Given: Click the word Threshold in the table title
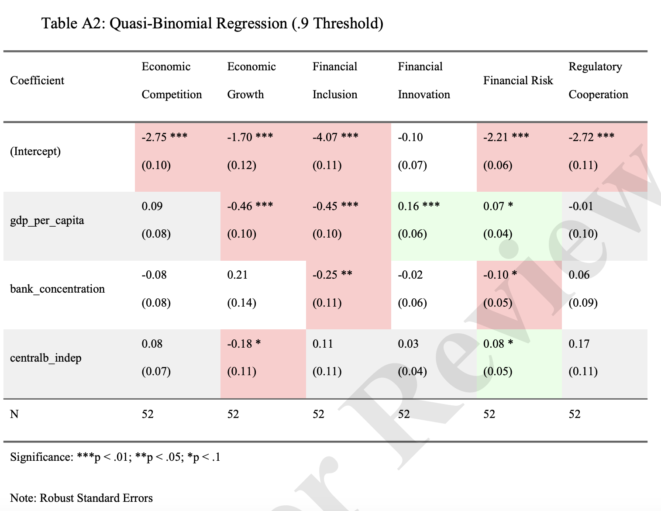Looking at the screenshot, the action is click(x=348, y=24).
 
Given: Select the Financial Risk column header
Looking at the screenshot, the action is click(x=518, y=81).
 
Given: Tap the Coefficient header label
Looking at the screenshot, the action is click(x=37, y=81).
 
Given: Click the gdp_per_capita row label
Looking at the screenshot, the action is click(x=47, y=220).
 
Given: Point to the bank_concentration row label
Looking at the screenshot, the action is click(x=57, y=289).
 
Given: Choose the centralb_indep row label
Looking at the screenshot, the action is click(x=46, y=358).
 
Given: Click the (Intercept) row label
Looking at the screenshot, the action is click(x=35, y=151).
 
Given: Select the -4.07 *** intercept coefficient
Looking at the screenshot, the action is click(x=335, y=137).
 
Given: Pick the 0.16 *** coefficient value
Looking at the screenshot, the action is click(x=419, y=206).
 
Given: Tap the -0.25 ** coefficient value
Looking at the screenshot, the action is click(x=332, y=275).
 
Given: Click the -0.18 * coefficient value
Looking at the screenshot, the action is click(x=244, y=344).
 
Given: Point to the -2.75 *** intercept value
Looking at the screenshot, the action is click(x=164, y=137).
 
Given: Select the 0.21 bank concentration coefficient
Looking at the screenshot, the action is click(x=237, y=275).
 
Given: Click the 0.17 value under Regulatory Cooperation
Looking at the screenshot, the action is click(x=579, y=344).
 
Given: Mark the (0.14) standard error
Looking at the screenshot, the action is click(x=241, y=303).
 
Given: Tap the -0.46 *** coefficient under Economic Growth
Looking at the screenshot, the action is click(x=250, y=206).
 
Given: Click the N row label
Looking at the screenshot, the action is click(x=14, y=414).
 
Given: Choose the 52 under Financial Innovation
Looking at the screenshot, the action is click(x=404, y=414).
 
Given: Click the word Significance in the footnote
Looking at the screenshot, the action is click(x=42, y=457).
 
